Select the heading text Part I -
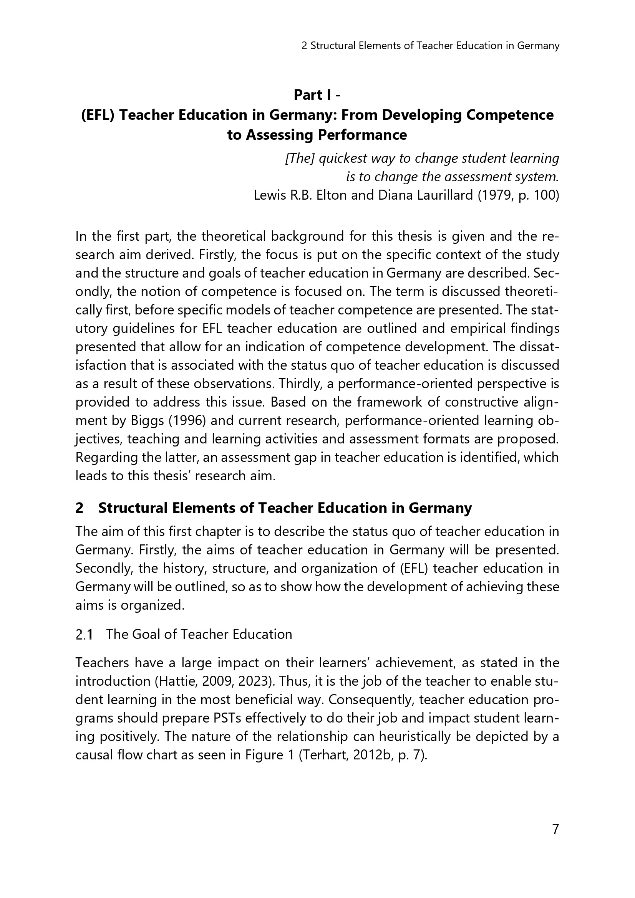(317, 95)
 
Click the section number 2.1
(84, 634)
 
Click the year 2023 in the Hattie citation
(253, 681)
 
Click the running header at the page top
(430, 46)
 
